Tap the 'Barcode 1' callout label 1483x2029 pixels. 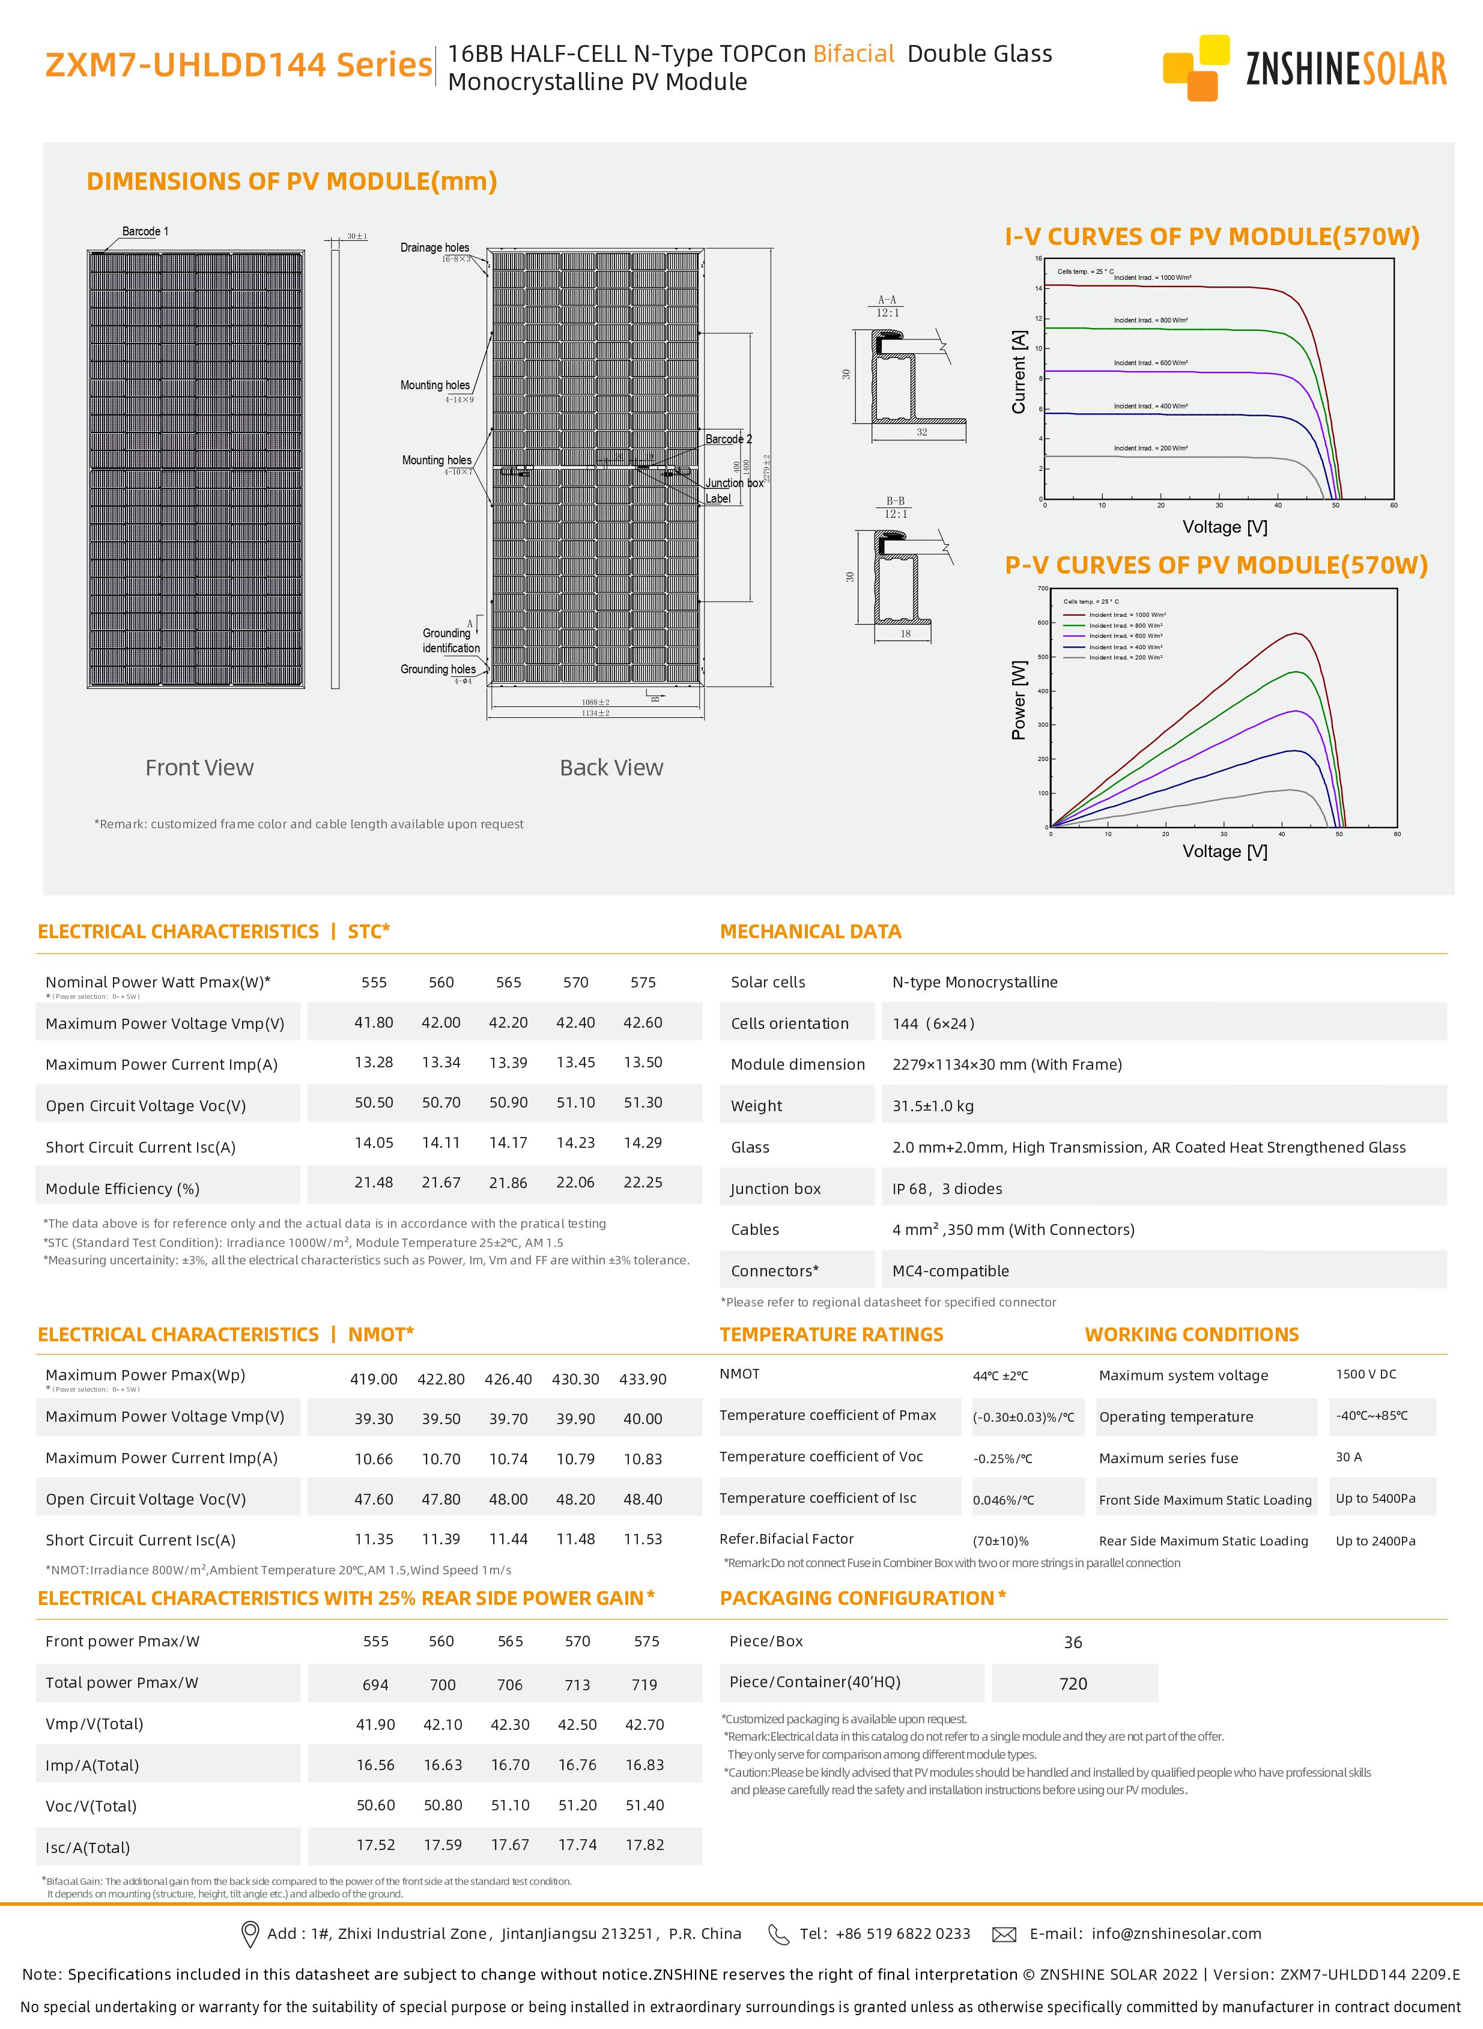click(145, 232)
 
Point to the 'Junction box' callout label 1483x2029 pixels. click(733, 483)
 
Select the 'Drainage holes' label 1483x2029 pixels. click(434, 248)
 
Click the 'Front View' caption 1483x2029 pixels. click(199, 768)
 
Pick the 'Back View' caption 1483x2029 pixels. click(611, 768)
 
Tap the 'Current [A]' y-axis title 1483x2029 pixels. click(1019, 372)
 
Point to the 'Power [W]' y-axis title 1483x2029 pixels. click(1019, 700)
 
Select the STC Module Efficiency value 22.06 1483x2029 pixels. click(575, 1183)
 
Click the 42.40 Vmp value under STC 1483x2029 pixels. click(575, 1022)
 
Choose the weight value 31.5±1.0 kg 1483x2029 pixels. click(933, 1106)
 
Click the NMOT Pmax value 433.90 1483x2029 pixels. click(643, 1379)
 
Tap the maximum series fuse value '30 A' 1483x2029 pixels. click(1348, 1457)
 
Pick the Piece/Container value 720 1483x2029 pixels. click(1073, 1684)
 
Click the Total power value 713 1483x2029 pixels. click(577, 1685)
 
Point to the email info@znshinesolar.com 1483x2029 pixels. click(1176, 1934)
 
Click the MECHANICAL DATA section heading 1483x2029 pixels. click(811, 932)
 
